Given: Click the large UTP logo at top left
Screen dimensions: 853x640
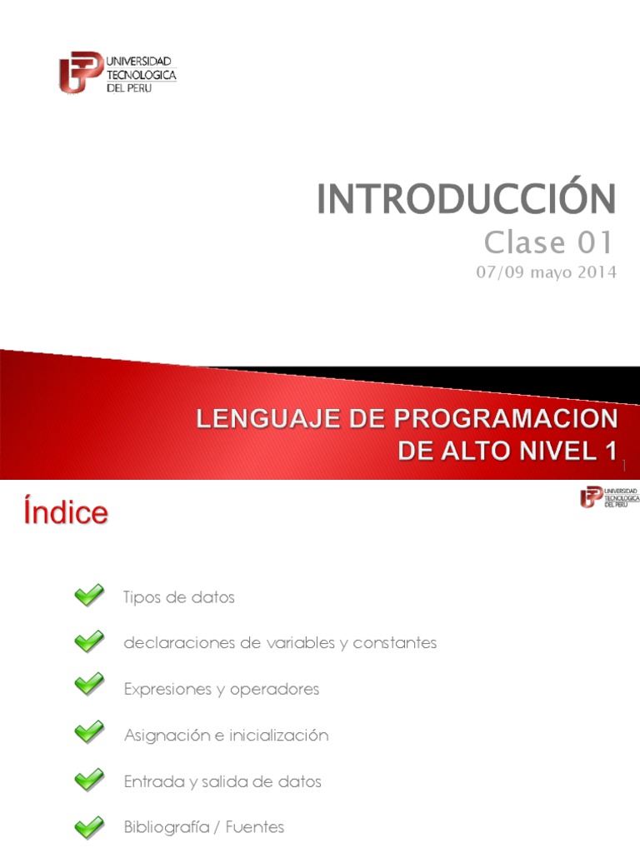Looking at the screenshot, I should click(x=117, y=73).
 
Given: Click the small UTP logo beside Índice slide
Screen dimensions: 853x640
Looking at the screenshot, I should click(x=609, y=497).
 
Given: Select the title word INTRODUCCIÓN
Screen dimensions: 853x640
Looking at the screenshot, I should click(x=466, y=199).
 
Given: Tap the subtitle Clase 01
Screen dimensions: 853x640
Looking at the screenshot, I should click(x=549, y=242).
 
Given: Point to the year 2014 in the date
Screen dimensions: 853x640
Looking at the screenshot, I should click(x=597, y=273).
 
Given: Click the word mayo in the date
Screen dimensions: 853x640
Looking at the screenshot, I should click(x=549, y=273).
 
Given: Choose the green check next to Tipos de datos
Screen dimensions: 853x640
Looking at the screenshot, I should click(x=89, y=596).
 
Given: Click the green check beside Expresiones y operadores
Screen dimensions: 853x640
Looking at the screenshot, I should click(x=89, y=688).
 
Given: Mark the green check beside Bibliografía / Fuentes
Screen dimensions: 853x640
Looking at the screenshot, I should click(x=89, y=827).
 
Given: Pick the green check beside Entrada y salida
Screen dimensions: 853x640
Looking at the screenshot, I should click(x=89, y=781).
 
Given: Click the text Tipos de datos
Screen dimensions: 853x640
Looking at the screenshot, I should click(x=178, y=597).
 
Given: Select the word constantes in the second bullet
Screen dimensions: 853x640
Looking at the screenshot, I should click(x=394, y=643).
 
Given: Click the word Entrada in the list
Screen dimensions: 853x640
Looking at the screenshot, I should click(x=150, y=781).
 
